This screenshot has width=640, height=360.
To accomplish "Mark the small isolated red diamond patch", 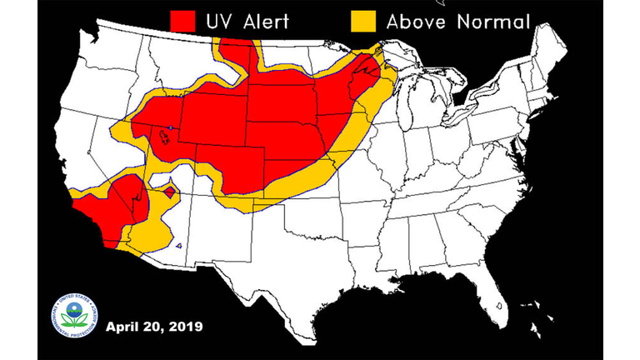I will coord(169,192).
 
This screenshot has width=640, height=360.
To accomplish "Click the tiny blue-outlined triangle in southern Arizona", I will coord(180,246).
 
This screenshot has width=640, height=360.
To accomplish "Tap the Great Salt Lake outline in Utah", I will coord(168,132).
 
